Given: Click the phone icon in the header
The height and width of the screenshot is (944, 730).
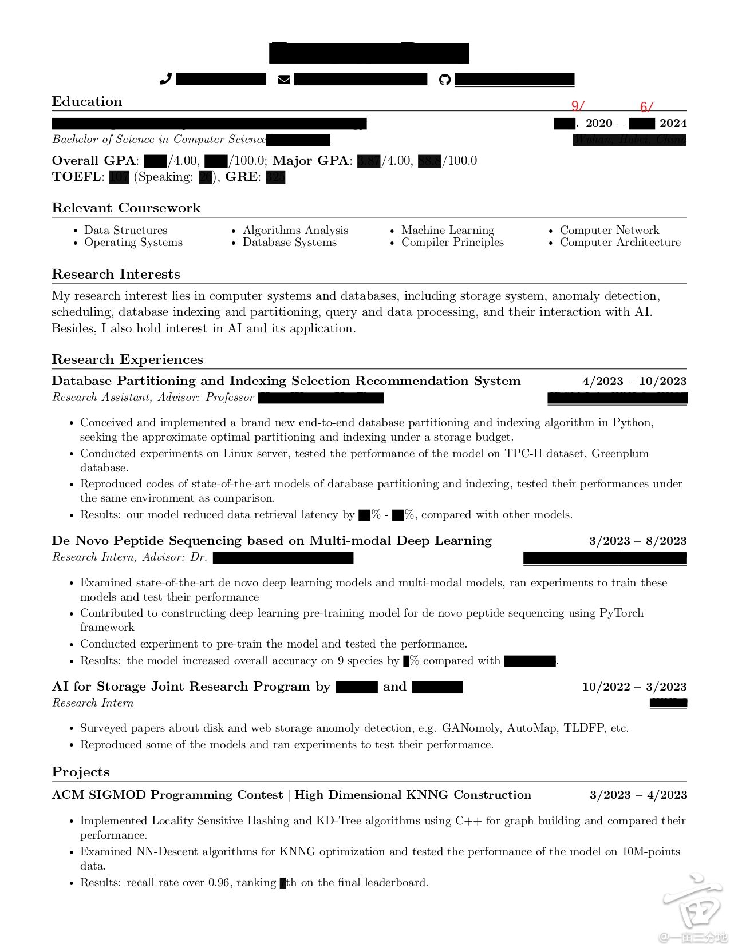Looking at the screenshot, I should (x=165, y=79).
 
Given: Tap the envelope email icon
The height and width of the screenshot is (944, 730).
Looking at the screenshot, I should (x=284, y=80).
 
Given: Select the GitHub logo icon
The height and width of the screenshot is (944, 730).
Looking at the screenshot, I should (x=445, y=80).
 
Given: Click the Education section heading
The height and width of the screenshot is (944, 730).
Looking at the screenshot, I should (x=87, y=101).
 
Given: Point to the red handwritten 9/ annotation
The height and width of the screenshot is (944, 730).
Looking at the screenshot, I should (x=578, y=106).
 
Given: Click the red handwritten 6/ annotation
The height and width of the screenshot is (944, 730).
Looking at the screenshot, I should (x=646, y=107).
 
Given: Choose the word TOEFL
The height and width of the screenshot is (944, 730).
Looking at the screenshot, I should (x=76, y=177).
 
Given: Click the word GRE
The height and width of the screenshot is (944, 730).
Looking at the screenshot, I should (x=241, y=177).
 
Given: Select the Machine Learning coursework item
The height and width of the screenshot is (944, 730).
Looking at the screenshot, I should (x=447, y=230).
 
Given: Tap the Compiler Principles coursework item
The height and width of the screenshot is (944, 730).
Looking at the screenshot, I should (x=452, y=242).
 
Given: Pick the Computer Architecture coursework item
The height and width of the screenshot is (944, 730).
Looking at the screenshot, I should (x=620, y=242).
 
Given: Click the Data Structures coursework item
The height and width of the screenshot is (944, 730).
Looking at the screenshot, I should (x=125, y=230).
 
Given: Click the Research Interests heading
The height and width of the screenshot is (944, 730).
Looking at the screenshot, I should (x=116, y=274).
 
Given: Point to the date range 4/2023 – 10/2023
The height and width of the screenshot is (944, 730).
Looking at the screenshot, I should (x=634, y=381).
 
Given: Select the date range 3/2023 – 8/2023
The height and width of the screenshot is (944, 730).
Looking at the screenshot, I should (x=638, y=541).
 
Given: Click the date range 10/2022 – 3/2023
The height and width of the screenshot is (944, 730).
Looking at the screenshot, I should (x=634, y=687).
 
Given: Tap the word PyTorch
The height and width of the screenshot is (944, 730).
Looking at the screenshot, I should (x=621, y=613).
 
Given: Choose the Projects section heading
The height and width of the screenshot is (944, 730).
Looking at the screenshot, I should (x=81, y=772).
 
